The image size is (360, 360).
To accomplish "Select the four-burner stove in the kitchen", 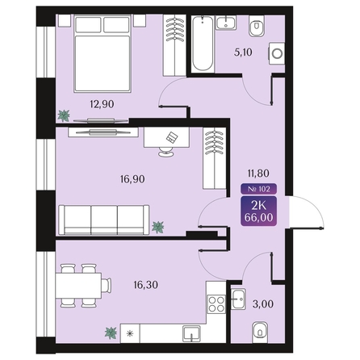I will pos(216,304).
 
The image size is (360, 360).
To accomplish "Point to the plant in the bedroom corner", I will pos(63,115).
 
